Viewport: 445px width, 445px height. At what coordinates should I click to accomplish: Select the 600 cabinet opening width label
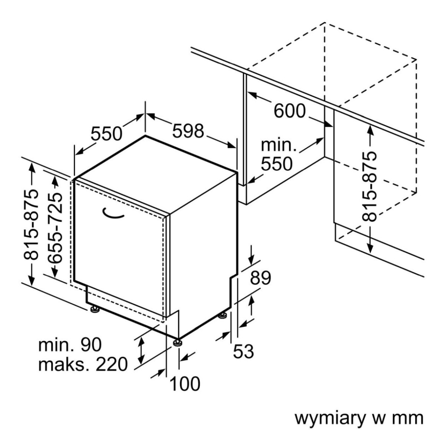click(x=290, y=111)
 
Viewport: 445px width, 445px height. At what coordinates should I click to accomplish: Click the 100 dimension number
click(x=185, y=384)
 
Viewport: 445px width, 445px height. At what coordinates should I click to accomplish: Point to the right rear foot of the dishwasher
click(x=222, y=316)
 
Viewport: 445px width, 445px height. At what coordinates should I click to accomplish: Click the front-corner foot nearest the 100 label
click(x=178, y=342)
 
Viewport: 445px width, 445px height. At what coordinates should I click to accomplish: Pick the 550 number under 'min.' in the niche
click(x=277, y=164)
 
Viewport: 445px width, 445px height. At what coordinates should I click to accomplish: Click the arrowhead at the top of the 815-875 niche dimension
click(x=370, y=129)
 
